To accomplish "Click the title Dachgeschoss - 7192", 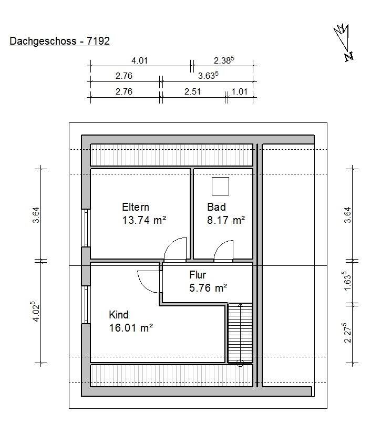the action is pos(59,41).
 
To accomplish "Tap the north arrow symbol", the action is pos(344,42).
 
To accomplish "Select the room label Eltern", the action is pos(136,207).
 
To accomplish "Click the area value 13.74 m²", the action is pos(144,220).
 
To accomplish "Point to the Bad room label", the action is pos(217,207).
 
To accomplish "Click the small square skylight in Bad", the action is pos(220,186).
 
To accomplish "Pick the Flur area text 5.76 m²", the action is pos(208,288).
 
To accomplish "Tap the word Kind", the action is pos(119,315).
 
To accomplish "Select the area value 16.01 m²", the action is pos(131,328).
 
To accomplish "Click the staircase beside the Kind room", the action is pos(240,333).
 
